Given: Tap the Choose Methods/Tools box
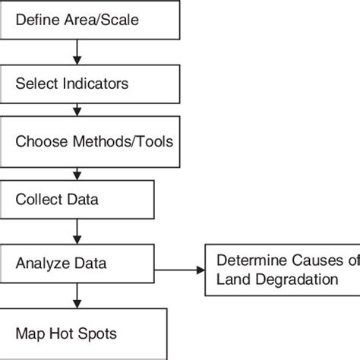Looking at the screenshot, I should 90,142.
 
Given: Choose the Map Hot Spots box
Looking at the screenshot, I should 84,333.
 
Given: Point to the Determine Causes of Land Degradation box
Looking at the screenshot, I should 282,269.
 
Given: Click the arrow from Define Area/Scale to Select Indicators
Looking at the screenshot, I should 77,52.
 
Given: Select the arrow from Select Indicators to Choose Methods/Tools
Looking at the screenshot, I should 77,110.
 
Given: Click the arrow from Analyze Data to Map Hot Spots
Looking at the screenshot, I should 77,294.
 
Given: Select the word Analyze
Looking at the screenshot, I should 39,264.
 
